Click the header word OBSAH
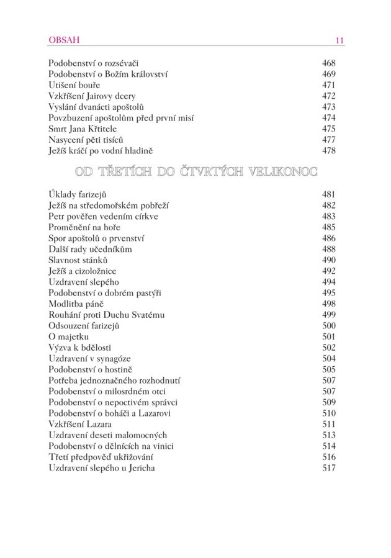point(64,40)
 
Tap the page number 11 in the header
point(339,41)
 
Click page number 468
point(328,63)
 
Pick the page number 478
point(328,151)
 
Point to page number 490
point(328,260)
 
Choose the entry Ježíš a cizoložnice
point(83,271)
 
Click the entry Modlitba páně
point(76,304)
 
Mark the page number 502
point(328,348)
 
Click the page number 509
point(328,402)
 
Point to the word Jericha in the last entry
point(138,468)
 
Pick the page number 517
point(328,468)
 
